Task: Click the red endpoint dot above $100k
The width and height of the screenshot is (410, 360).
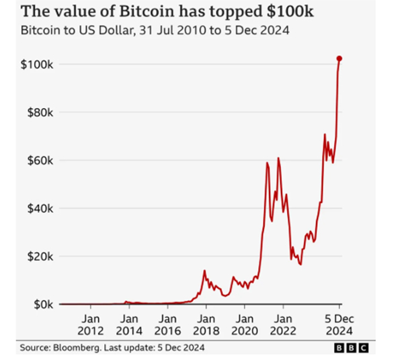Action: pos(339,59)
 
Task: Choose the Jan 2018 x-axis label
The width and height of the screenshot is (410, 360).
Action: pos(206,324)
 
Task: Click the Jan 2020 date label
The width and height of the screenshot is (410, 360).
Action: pos(245,324)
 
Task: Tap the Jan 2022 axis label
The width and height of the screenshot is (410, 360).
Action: pos(283,324)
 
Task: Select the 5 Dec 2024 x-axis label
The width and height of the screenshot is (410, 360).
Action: pos(339,324)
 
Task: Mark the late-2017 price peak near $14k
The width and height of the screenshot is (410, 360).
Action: pos(204,271)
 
